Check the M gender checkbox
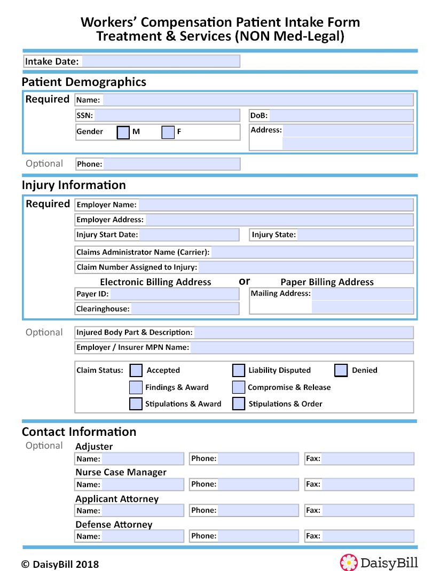[x=123, y=132]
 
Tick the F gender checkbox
[x=168, y=132]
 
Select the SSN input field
[x=167, y=115]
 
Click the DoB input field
[x=341, y=115]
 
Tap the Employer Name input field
[x=276, y=205]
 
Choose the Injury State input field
[x=355, y=235]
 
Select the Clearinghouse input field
[x=185, y=309]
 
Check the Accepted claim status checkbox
[x=136, y=370]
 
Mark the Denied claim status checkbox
[x=341, y=370]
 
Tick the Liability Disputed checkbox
[x=239, y=370]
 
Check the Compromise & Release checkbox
[x=239, y=387]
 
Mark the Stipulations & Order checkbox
[x=239, y=404]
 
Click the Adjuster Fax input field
[x=367, y=459]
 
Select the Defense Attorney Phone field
[x=258, y=536]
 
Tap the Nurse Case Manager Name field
[x=143, y=484]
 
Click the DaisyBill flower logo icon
[x=349, y=562]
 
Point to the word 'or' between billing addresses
[x=244, y=281]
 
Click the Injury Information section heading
[x=74, y=185]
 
